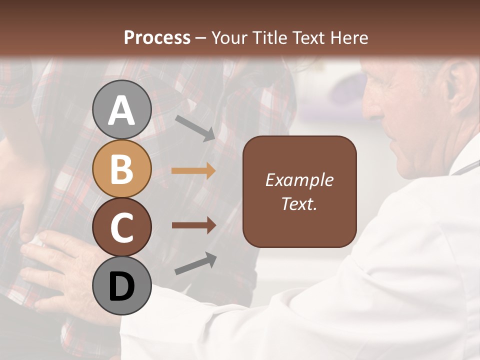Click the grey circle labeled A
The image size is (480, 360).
(x=122, y=109)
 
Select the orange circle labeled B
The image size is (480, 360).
(x=122, y=168)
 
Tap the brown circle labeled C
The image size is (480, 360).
(x=122, y=227)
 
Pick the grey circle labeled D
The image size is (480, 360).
(x=122, y=285)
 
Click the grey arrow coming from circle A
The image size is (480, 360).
(x=195, y=127)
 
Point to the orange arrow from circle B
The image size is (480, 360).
(x=193, y=171)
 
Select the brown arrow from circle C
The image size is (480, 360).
(x=194, y=225)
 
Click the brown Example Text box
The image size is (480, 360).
(x=299, y=191)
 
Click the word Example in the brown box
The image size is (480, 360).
(x=299, y=180)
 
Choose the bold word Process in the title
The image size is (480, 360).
(x=157, y=37)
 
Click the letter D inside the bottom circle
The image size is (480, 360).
(x=122, y=286)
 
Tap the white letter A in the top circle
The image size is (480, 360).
(x=122, y=110)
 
